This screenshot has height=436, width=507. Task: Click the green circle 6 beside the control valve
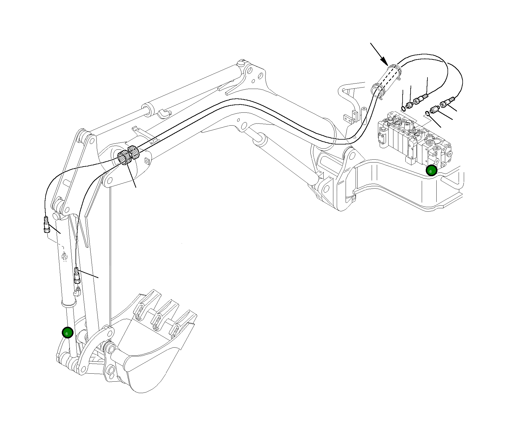431,171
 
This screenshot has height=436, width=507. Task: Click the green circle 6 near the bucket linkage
68,332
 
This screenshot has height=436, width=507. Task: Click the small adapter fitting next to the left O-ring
410,105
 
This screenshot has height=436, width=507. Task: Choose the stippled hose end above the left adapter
422,100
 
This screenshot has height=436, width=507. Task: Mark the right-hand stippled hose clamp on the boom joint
134,152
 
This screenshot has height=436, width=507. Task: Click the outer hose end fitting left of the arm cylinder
47,225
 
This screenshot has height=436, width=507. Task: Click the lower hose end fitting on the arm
77,275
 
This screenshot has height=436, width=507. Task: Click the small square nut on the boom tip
147,161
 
